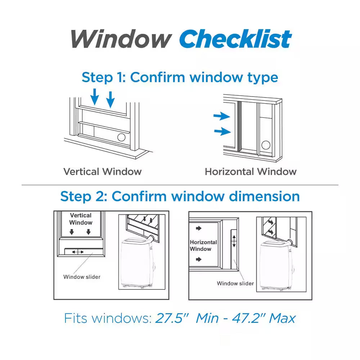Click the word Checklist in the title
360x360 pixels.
click(x=235, y=39)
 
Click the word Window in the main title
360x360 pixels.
click(x=121, y=39)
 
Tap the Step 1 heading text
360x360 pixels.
click(x=180, y=77)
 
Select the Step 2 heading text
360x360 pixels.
click(x=180, y=197)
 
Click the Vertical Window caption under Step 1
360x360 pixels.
click(x=102, y=171)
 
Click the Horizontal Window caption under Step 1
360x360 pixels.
click(x=251, y=171)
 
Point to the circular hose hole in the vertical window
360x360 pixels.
click(x=121, y=137)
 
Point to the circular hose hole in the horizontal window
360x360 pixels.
click(x=266, y=145)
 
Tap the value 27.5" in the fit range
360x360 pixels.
click(x=172, y=318)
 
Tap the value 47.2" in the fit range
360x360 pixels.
click(x=249, y=318)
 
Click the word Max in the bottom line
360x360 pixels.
click(x=282, y=319)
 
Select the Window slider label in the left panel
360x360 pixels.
click(x=82, y=277)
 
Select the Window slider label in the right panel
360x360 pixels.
click(x=235, y=283)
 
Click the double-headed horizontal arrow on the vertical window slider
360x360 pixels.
click(x=78, y=252)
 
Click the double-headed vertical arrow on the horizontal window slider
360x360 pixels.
click(x=234, y=241)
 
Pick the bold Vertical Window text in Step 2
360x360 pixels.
click(x=81, y=219)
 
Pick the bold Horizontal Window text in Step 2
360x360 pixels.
click(x=203, y=246)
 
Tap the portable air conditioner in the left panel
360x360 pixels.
click(x=138, y=262)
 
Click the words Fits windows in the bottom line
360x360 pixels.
click(x=108, y=318)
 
